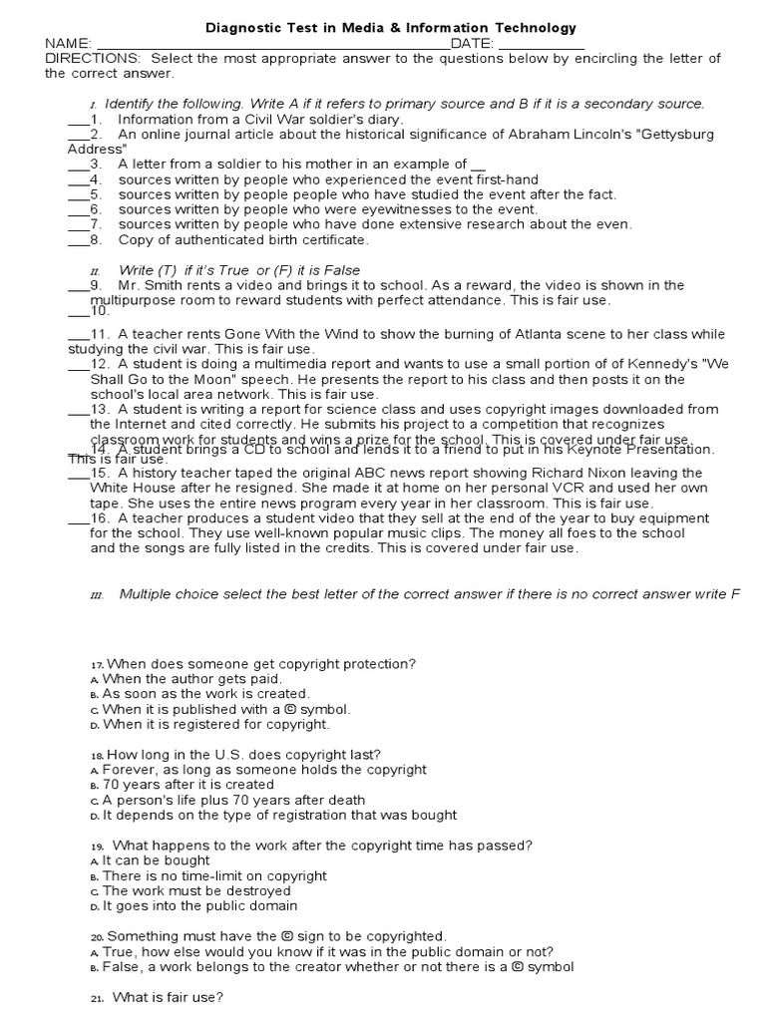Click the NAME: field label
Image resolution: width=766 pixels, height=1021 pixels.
coord(68,43)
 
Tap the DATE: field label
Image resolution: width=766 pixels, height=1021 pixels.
coord(472,43)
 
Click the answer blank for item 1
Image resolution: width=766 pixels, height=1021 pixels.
coord(78,120)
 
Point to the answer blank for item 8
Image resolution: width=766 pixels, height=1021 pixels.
coord(78,239)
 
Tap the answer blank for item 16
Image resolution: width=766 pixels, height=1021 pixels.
coord(78,518)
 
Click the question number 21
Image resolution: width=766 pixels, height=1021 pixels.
coord(97,997)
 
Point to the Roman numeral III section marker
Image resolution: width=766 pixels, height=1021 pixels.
coord(97,595)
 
